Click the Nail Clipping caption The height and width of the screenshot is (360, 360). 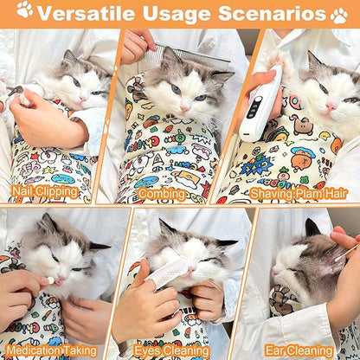(42, 192)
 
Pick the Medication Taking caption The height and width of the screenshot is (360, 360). (54, 351)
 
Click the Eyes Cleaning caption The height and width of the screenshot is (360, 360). (173, 351)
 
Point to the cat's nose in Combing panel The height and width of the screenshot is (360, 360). (184, 103)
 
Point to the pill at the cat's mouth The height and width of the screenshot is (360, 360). (51, 280)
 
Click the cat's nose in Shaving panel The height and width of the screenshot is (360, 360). (331, 106)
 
